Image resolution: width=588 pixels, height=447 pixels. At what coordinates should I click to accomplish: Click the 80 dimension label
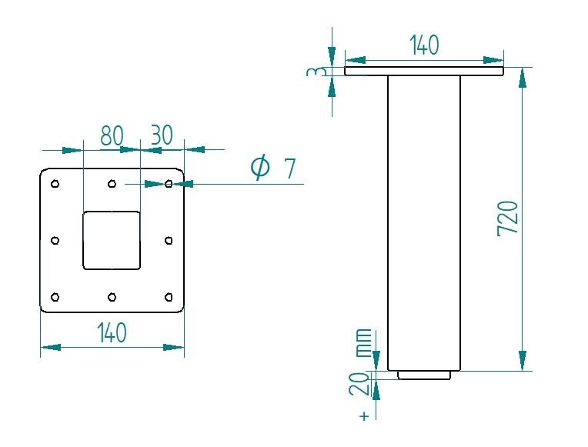point(112,135)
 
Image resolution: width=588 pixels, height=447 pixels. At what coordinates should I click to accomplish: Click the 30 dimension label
point(162,135)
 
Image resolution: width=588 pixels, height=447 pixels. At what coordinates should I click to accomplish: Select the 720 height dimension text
point(507,219)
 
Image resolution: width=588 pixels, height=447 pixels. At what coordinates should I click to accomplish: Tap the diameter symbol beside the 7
point(260,167)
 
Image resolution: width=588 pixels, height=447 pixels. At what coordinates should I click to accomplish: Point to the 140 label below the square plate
point(112,332)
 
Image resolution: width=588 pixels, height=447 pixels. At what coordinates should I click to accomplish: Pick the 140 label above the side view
point(424,45)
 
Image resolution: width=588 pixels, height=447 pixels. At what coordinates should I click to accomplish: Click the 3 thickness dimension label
point(314,72)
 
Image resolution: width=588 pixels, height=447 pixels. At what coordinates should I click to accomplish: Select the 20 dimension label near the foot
point(359,384)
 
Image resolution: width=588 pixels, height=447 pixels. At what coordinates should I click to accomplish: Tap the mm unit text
point(363,342)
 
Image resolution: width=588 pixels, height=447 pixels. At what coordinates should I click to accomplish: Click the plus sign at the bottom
point(364,416)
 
